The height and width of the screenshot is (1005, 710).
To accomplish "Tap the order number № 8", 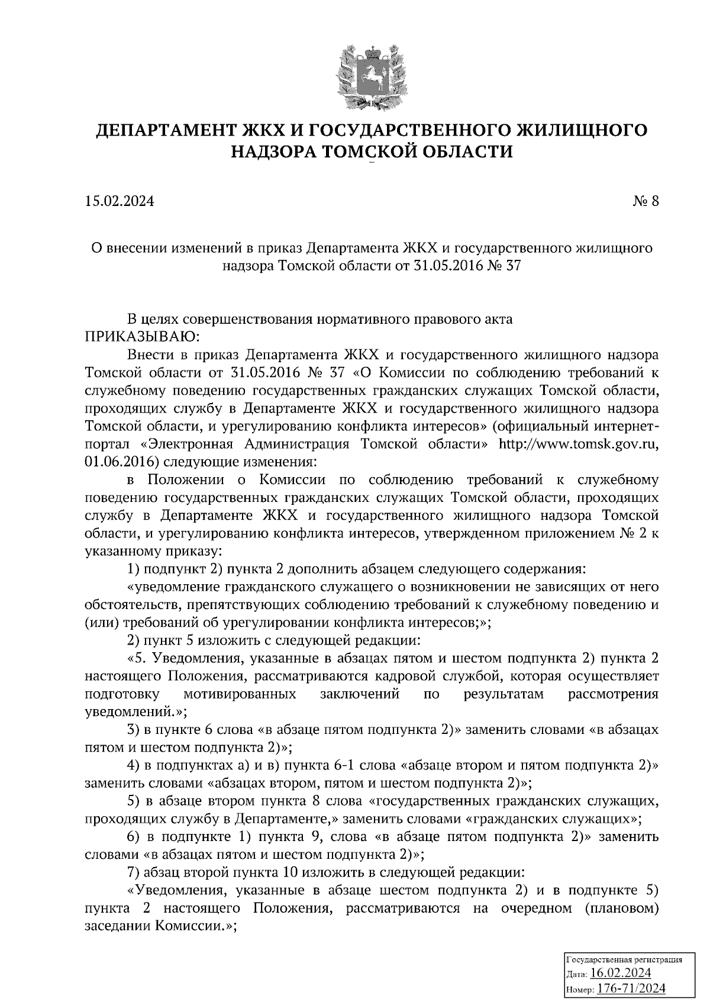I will pyautogui.click(x=645, y=201).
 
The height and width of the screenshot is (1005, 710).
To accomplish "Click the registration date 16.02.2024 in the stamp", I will pyautogui.click(x=621, y=973).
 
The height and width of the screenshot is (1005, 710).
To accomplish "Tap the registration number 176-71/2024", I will pyautogui.click(x=631, y=988).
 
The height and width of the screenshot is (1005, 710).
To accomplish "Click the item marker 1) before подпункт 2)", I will pyautogui.click(x=133, y=569).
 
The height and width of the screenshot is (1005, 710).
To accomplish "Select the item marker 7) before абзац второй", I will pyautogui.click(x=133, y=872).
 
